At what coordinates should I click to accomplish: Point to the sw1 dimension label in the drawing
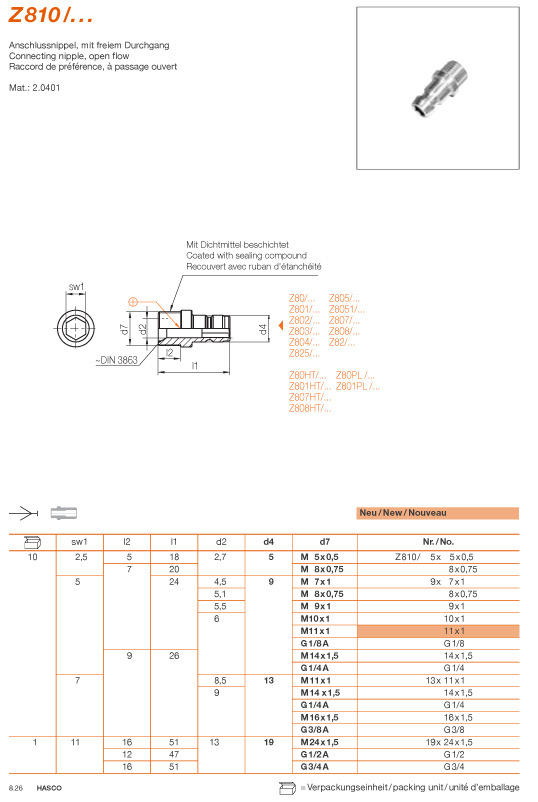pyautogui.click(x=76, y=287)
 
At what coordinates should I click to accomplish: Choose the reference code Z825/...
pyautogui.click(x=304, y=353)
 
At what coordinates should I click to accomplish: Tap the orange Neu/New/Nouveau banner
pyautogui.click(x=438, y=512)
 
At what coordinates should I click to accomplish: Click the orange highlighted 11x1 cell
pyautogui.click(x=456, y=632)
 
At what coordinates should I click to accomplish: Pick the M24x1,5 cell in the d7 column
pyautogui.click(x=321, y=743)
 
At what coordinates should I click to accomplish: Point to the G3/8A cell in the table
pyautogui.click(x=315, y=729)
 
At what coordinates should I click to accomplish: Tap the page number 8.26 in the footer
pyautogui.click(x=16, y=790)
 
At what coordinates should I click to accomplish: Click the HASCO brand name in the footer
pyautogui.click(x=45, y=790)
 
